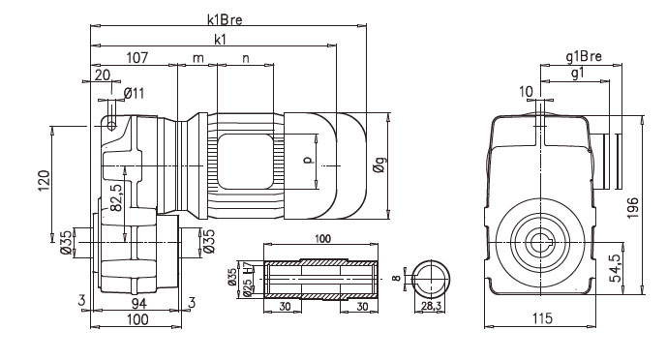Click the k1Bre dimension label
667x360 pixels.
point(225,19)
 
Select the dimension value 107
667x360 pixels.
point(136,58)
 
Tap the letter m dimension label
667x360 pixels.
point(197,58)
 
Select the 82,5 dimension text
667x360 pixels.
point(114,195)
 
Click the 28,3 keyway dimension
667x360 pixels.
point(434,307)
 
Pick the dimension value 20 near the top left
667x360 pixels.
point(102,75)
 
